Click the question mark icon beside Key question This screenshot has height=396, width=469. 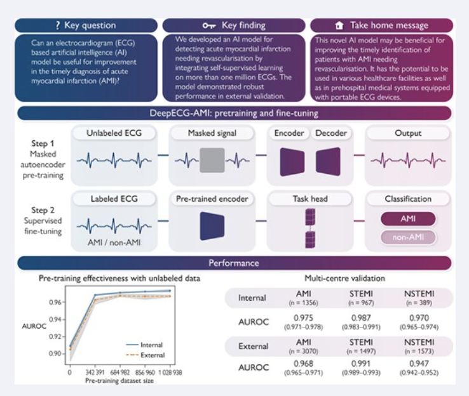pos(58,25)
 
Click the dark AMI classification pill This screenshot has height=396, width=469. pos(408,219)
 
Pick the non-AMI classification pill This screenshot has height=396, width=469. pos(408,237)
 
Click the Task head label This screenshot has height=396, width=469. pos(311,199)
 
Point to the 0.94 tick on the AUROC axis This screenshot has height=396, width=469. pos(56,319)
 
